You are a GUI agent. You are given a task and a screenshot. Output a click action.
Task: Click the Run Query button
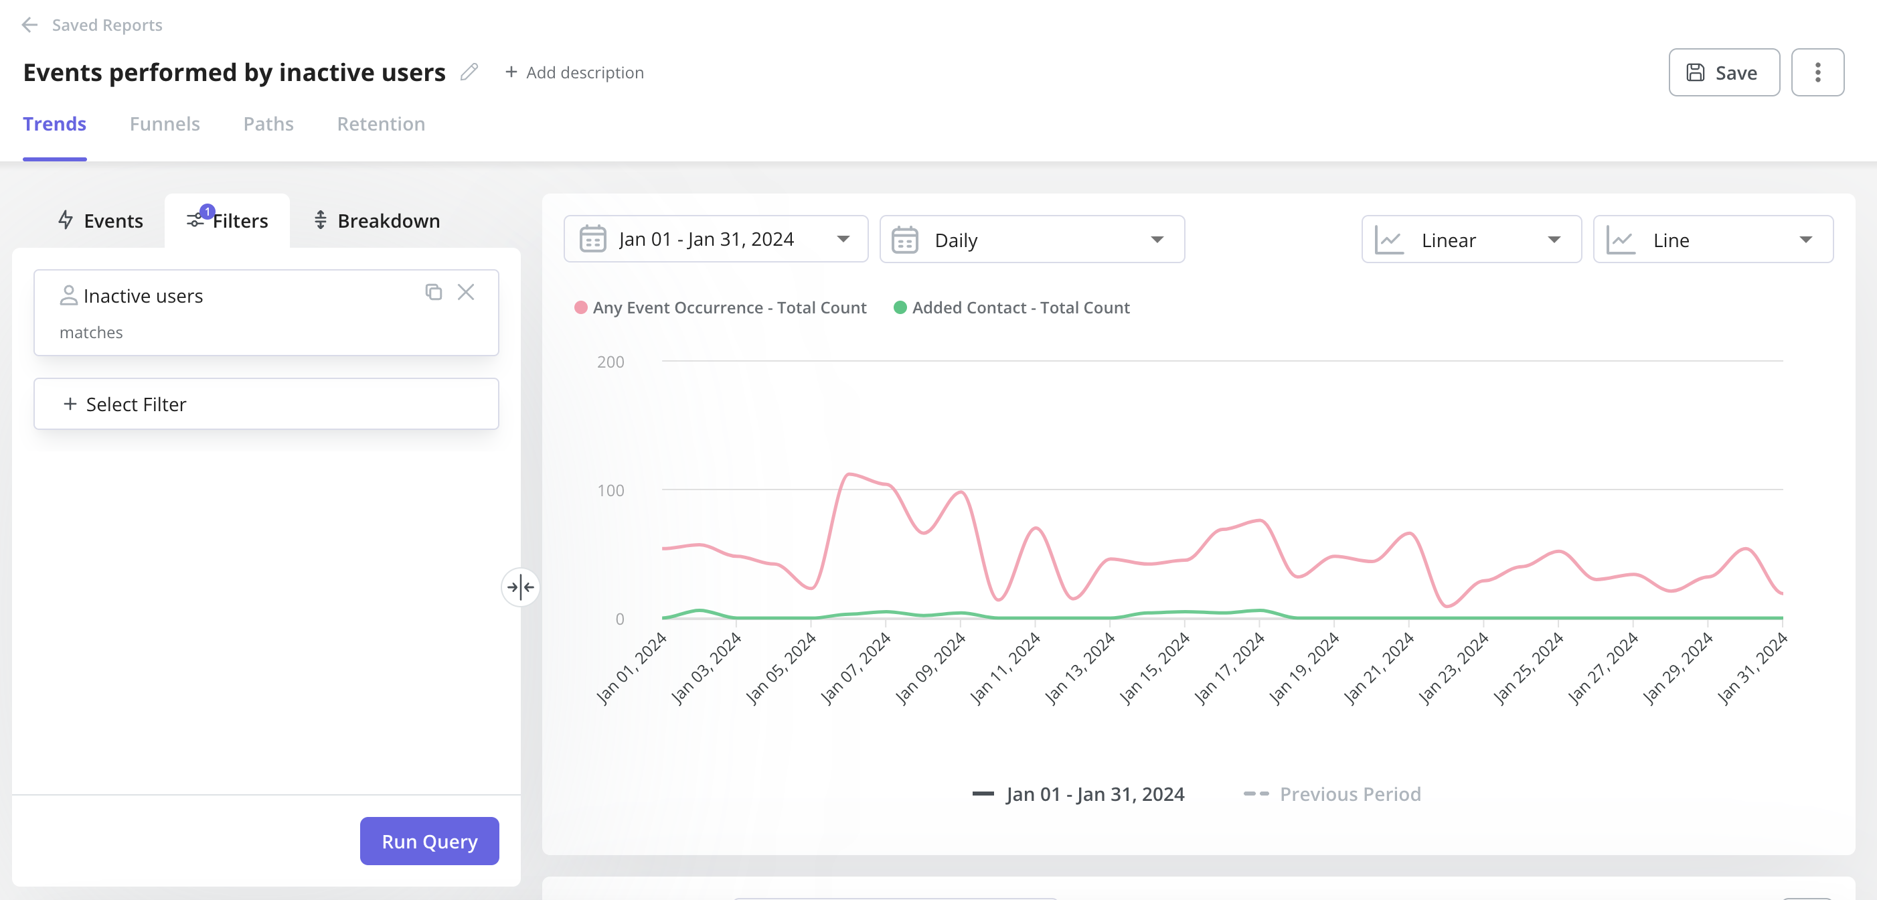pos(429,841)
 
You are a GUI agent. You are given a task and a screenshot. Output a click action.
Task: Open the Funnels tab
pos(165,124)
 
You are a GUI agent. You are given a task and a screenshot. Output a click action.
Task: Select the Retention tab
pos(380,124)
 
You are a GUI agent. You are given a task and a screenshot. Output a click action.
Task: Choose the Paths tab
pos(268,124)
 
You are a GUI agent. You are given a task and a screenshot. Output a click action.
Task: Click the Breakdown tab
pos(377,221)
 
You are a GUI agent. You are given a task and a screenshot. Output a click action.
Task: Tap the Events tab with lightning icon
pos(100,221)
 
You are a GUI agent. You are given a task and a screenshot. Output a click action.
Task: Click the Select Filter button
pos(266,404)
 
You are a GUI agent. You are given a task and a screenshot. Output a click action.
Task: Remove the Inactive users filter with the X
pos(466,292)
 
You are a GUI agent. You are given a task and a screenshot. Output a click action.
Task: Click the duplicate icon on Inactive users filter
pos(434,292)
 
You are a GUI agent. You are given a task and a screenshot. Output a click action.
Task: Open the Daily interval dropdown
pos(1031,240)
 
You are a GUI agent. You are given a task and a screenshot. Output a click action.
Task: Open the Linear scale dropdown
pos(1471,240)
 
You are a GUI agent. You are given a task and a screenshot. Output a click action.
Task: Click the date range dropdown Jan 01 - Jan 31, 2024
pos(715,240)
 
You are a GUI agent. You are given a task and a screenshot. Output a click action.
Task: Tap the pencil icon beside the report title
pos(469,72)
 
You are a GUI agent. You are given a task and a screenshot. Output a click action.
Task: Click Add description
pos(574,73)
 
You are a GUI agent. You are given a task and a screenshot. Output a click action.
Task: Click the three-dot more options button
pos(1817,72)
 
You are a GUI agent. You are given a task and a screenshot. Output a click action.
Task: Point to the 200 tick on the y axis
pos(610,362)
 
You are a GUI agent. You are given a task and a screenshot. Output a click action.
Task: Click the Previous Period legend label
pos(1350,794)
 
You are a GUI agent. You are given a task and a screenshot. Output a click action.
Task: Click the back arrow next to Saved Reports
pos(29,25)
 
